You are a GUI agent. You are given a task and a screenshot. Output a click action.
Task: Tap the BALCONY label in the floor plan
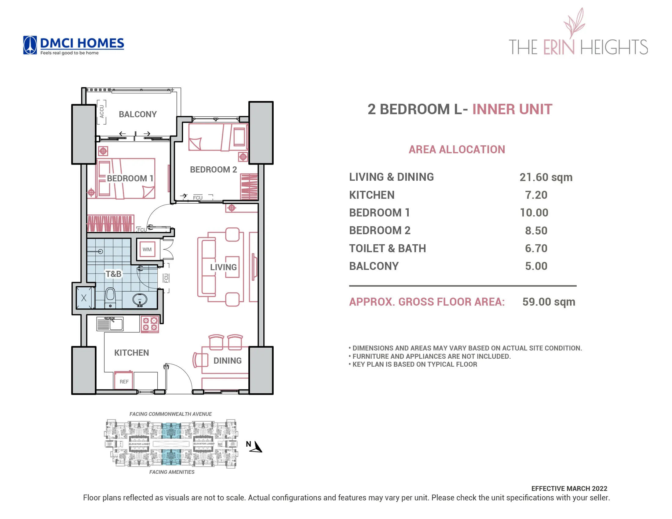(137, 114)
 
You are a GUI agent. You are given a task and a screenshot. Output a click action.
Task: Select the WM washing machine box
(147, 249)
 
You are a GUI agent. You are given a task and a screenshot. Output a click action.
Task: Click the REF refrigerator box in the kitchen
(124, 381)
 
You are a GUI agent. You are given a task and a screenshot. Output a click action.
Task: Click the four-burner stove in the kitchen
(150, 324)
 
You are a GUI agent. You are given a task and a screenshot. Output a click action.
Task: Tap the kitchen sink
(110, 324)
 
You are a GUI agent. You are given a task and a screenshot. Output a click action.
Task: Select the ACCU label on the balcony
(102, 111)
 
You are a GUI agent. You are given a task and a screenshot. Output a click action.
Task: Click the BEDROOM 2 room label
(213, 169)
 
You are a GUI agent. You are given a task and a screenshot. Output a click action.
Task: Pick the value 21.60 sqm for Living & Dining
(546, 177)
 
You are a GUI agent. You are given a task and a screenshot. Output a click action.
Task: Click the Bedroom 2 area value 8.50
(536, 230)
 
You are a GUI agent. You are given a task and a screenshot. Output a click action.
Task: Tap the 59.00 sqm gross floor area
(549, 302)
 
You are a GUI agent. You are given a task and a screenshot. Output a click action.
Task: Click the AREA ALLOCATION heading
(457, 149)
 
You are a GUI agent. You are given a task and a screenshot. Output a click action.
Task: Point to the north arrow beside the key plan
(256, 447)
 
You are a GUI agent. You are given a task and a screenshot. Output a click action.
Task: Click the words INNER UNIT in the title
(512, 109)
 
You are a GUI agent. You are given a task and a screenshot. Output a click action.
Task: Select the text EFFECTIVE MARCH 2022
(569, 488)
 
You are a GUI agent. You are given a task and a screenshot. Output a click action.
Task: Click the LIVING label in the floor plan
(223, 267)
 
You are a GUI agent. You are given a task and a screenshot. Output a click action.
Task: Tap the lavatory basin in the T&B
(140, 299)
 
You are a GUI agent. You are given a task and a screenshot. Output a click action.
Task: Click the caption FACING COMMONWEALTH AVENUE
(170, 414)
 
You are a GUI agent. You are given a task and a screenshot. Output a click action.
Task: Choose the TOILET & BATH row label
(387, 249)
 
